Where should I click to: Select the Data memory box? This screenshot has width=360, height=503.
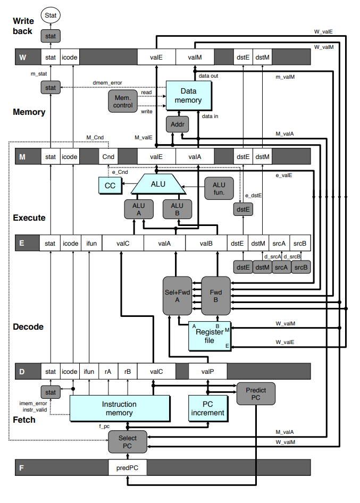pyautogui.click(x=188, y=96)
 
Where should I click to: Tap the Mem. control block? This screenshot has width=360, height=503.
pyautogui.click(x=123, y=101)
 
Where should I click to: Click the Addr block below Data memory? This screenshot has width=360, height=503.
pyautogui.click(x=175, y=124)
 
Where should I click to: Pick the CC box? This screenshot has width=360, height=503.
pyautogui.click(x=110, y=185)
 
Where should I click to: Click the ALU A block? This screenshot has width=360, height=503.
pyautogui.click(x=138, y=209)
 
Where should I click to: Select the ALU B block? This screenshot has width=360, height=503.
pyautogui.click(x=177, y=209)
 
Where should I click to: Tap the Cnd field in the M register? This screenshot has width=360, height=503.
pyautogui.click(x=108, y=157)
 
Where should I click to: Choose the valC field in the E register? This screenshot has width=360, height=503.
pyautogui.click(x=123, y=244)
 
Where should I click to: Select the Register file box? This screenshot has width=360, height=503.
pyautogui.click(x=210, y=336)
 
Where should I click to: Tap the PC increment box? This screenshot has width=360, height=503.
pyautogui.click(x=207, y=408)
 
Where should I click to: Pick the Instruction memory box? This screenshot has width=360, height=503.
pyautogui.click(x=119, y=408)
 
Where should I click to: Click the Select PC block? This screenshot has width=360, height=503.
pyautogui.click(x=127, y=442)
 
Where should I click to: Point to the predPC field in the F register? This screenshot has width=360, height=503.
pyautogui.click(x=128, y=468)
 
